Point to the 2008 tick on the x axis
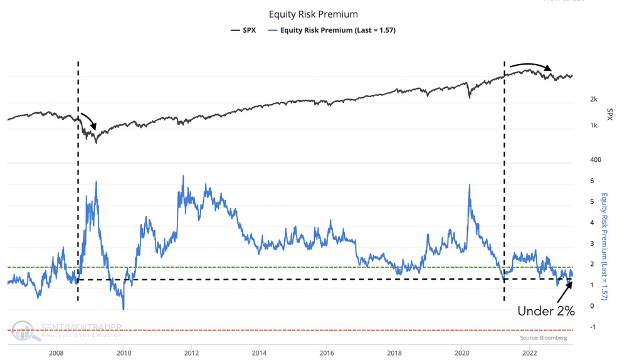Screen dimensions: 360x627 coord(56,352)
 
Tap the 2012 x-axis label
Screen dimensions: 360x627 coord(191,352)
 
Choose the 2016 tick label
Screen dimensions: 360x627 coord(327,352)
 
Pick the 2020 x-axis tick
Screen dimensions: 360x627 coord(462,352)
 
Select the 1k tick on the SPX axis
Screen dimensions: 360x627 coord(593,126)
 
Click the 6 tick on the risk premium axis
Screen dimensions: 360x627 coord(592,181)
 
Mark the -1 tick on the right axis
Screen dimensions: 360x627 coord(593,327)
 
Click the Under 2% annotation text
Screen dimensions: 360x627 coord(545,310)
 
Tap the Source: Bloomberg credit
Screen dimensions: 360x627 coord(544,338)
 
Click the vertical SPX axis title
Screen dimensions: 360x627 coord(609,114)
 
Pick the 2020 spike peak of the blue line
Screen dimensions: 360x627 coord(469,184)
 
